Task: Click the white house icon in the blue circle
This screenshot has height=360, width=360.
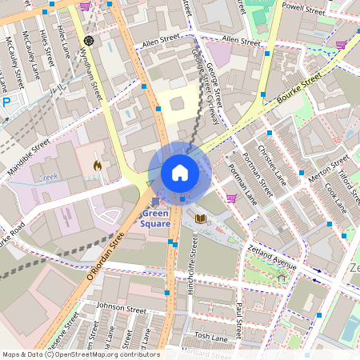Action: pos(180,173)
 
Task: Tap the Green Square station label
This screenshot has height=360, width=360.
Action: pos(155,218)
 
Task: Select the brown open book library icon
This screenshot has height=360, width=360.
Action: pos(201,218)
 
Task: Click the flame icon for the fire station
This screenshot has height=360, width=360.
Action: pos(98,166)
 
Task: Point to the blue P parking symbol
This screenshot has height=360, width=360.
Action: pos(6,102)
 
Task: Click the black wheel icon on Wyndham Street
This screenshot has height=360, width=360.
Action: pos(88,40)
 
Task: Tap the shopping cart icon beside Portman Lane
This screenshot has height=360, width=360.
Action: pos(232,198)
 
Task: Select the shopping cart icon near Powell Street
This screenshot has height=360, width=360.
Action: pos(342,45)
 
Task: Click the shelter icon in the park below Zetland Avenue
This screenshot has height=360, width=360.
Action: pos(281,278)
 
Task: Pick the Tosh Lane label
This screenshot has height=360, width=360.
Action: pos(211,336)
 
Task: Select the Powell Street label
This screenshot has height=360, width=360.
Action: pos(303,10)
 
